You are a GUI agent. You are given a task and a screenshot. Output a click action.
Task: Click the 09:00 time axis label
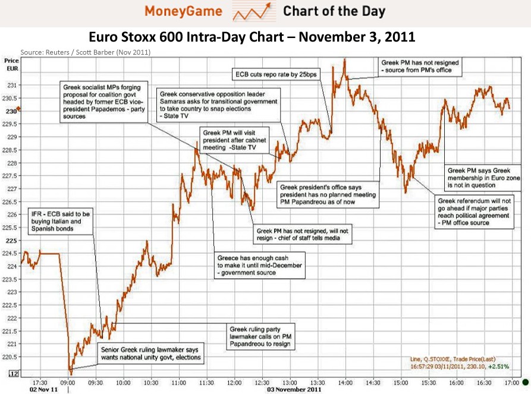[68, 383]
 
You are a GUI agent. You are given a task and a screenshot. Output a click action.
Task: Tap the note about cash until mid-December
[259, 266]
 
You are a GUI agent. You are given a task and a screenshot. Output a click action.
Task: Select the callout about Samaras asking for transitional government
[218, 106]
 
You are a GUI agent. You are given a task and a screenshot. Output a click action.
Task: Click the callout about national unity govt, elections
[151, 353]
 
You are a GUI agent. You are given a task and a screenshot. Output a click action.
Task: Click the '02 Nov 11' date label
[45, 390]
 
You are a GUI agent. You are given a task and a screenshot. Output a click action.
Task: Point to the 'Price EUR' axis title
[11, 64]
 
